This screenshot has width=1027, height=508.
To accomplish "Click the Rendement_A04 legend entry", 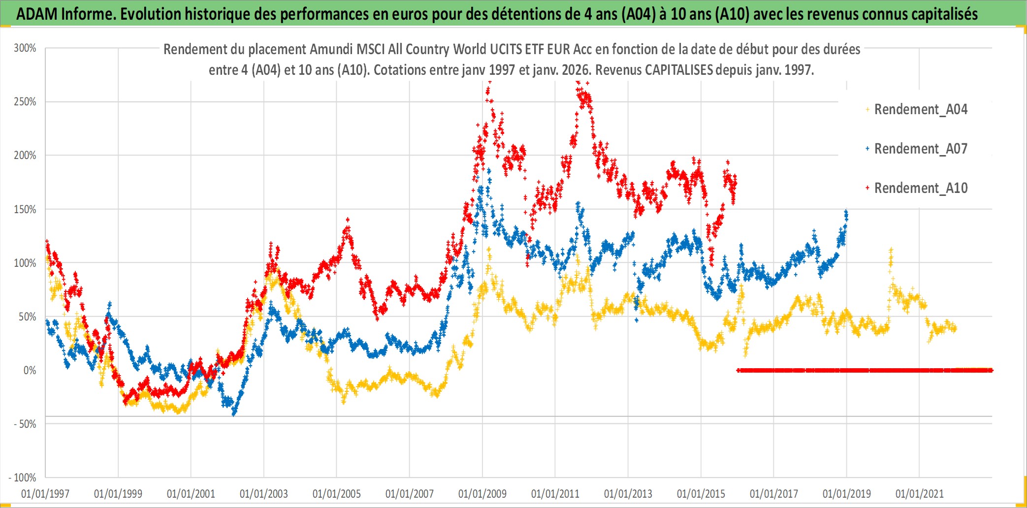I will pyautogui.click(x=921, y=109).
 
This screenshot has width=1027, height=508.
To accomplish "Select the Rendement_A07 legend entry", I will pyautogui.click(x=921, y=149).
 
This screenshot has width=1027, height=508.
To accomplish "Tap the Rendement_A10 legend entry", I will pyautogui.click(x=921, y=188).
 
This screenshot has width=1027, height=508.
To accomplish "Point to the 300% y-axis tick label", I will pyautogui.click(x=25, y=48).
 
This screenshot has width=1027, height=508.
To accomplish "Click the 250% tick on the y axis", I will pyautogui.click(x=25, y=102).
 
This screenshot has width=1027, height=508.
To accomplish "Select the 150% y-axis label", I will pyautogui.click(x=25, y=209).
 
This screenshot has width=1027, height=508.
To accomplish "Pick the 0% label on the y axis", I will pyautogui.click(x=30, y=370).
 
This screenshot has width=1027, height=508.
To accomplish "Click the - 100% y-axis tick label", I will pyautogui.click(x=23, y=477).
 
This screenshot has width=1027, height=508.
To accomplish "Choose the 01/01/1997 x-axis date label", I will pyautogui.click(x=45, y=494).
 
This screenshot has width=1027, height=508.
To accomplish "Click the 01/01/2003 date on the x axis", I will pyautogui.click(x=264, y=494).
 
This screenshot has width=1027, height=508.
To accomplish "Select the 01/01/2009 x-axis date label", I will pyautogui.click(x=482, y=494).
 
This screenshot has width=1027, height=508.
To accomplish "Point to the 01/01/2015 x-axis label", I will pyautogui.click(x=701, y=494).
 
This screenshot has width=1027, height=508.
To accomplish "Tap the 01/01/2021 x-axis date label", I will pyautogui.click(x=920, y=494).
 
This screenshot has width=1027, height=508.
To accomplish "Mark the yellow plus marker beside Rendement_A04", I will pyautogui.click(x=867, y=109).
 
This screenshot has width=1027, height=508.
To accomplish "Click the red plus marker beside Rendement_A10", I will pyautogui.click(x=867, y=188).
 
